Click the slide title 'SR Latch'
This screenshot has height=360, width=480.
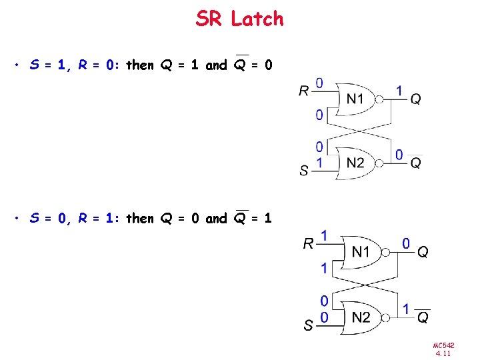[x=239, y=19]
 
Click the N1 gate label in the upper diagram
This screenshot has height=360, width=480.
[x=356, y=99]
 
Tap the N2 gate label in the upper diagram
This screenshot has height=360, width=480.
[x=356, y=162]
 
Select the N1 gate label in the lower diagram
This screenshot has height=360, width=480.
[x=361, y=251]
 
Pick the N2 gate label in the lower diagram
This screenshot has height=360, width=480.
[x=361, y=317]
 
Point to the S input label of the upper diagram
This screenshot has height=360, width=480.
[x=304, y=171]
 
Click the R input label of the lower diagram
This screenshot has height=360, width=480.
[x=308, y=243]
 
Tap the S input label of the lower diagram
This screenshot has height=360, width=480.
[x=309, y=326]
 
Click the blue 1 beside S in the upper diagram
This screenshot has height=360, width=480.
[x=319, y=162]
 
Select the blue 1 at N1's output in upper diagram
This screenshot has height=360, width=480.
[x=399, y=89]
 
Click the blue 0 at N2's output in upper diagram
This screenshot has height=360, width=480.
[x=399, y=155]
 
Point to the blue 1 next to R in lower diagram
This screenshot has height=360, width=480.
[x=324, y=235]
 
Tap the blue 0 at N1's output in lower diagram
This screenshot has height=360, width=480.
[x=405, y=244]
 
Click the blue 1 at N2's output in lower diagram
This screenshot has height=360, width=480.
[x=406, y=309]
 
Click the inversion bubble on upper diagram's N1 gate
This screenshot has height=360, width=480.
[x=379, y=100]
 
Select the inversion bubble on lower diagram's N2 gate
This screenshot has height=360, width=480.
[x=385, y=317]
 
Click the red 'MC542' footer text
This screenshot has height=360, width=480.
[x=443, y=345]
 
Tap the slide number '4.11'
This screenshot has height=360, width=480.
[x=443, y=353]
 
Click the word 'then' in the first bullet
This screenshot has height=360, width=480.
[x=139, y=65]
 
